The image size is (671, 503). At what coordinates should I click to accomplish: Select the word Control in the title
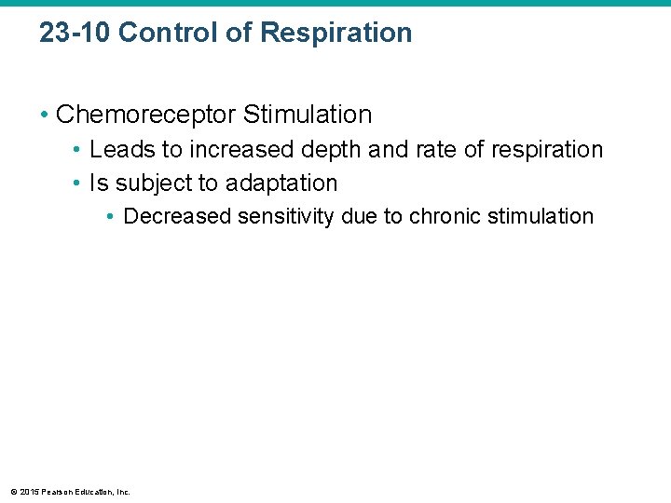point(159,33)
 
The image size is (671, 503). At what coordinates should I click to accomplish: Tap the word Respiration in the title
point(336,33)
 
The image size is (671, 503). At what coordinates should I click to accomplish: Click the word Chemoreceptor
point(146,115)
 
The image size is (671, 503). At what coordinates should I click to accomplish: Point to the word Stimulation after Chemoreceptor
point(308,115)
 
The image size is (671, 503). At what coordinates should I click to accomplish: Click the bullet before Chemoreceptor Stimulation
point(45,115)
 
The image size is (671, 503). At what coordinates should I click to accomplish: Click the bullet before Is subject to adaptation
point(78,183)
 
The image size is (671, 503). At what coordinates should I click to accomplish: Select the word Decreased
point(178,216)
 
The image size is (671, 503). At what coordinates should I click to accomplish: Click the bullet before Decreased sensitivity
point(111,216)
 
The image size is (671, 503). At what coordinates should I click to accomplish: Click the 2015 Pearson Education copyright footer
point(70,491)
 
